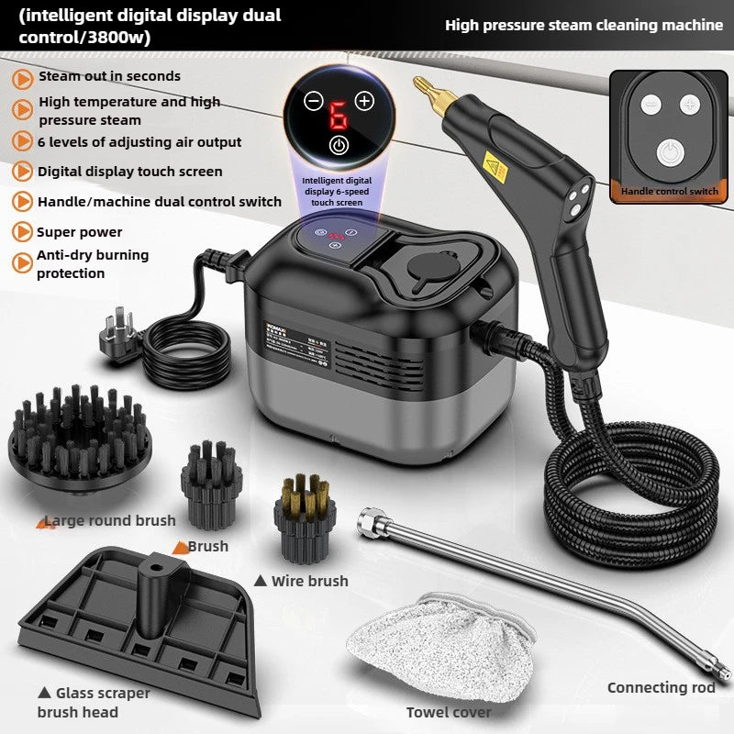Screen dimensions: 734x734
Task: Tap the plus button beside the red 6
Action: click(x=364, y=101)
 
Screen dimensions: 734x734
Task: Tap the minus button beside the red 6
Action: click(x=314, y=101)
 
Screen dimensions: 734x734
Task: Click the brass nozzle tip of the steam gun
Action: click(x=424, y=89)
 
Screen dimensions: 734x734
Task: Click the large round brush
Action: click(x=79, y=432)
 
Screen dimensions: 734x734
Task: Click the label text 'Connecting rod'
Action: click(x=661, y=688)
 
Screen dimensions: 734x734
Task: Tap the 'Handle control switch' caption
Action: click(x=669, y=192)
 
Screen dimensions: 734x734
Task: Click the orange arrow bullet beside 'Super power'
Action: click(x=22, y=232)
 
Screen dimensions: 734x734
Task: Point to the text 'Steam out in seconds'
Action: click(x=109, y=76)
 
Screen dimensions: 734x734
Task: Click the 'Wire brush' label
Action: click(x=309, y=581)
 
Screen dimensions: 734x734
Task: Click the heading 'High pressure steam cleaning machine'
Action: click(x=584, y=25)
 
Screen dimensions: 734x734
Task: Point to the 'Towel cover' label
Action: click(x=449, y=712)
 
